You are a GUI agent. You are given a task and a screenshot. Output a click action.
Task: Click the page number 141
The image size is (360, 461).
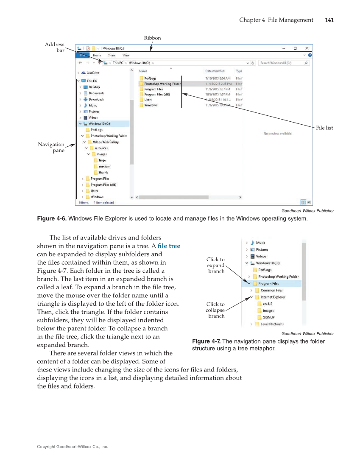[x=329, y=20]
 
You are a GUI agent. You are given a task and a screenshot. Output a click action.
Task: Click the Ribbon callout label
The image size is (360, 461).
[x=152, y=38]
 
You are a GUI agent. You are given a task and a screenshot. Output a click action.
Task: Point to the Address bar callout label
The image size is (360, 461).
[x=55, y=47]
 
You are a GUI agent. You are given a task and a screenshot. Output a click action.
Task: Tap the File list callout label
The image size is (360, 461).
[x=324, y=128]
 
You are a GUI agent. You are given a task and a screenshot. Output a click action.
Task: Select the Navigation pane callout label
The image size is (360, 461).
[x=51, y=147]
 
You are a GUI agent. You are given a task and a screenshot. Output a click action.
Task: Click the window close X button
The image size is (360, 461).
[x=307, y=48]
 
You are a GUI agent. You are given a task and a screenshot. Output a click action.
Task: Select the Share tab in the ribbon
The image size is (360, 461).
[x=112, y=55]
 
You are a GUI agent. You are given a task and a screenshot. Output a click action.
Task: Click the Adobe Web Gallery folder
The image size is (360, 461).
[x=106, y=142]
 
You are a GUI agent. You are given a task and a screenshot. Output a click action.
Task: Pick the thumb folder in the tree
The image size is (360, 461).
[x=103, y=173]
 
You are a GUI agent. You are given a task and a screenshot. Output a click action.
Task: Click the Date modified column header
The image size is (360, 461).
[x=215, y=71]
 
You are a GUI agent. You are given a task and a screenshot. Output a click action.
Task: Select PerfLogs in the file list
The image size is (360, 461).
[x=151, y=78]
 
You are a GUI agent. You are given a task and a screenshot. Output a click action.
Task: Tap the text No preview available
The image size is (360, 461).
[x=278, y=134]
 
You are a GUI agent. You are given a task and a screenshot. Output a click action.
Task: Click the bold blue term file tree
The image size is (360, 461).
[x=168, y=246]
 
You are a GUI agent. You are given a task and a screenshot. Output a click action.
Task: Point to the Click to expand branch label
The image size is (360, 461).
[x=216, y=265]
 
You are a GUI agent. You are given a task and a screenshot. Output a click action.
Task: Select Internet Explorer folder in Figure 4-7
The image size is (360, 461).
[x=273, y=297]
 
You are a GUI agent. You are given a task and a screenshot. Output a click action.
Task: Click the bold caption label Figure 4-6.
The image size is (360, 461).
[x=52, y=219]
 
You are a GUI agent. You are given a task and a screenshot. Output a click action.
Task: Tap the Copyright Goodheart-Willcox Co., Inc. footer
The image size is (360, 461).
[x=73, y=447]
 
